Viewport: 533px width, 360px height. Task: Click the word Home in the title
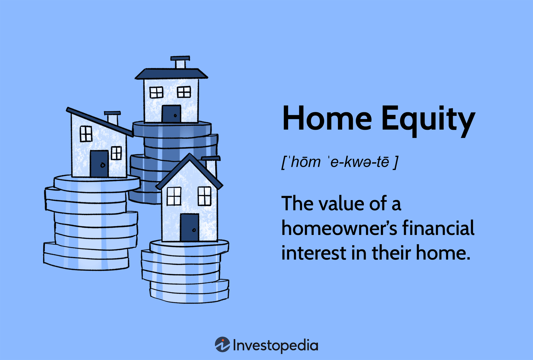327,118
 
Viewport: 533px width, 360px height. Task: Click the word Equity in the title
428,119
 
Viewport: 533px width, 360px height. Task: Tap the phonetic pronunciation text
340,162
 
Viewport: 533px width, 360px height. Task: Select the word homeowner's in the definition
339,228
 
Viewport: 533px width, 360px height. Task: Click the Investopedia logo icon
222,345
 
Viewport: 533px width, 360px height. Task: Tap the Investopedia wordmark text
275,345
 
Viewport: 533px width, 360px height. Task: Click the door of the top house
171,114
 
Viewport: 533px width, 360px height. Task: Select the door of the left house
99,163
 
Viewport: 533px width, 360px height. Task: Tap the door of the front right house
189,227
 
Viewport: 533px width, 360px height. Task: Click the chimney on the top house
180,62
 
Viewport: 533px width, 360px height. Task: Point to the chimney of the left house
113,118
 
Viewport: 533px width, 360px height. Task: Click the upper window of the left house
86,134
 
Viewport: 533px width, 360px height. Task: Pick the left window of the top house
156,92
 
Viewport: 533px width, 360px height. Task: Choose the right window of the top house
184,92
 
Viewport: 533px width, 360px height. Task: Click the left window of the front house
174,196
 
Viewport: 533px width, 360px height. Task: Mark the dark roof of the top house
171,74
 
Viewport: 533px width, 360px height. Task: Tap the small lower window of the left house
116,153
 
